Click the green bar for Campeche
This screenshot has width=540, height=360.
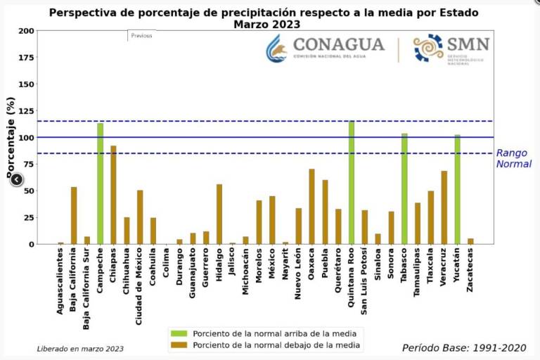[x=101, y=184]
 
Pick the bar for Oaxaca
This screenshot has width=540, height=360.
[x=311, y=207]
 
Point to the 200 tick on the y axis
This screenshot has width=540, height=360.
[x=26, y=31]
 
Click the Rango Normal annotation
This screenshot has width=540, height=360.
[x=513, y=158]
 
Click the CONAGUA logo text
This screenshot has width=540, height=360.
[x=339, y=45]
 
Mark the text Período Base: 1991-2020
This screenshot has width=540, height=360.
[x=463, y=347]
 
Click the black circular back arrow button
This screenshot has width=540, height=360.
[x=17, y=179]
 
